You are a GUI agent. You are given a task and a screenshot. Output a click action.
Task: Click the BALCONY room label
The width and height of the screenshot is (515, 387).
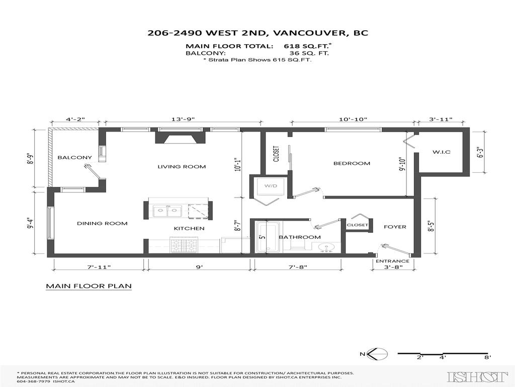tap(74, 157)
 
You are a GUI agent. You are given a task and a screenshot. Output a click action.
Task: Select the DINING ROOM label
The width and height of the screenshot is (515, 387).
tap(102, 223)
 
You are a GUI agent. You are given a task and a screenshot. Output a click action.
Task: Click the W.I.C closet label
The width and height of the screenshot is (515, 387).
tap(441, 152)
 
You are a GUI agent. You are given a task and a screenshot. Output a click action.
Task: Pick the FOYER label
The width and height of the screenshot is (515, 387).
tap(395, 227)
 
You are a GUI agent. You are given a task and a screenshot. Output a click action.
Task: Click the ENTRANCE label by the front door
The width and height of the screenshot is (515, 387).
tap(392, 261)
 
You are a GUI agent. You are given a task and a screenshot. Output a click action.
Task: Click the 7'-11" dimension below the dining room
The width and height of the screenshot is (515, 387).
tap(99, 267)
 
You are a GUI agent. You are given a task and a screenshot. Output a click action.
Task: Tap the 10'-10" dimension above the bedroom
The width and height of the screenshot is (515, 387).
tap(353, 119)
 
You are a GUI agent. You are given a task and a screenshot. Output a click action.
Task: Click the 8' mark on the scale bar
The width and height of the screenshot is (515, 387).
tap(487, 357)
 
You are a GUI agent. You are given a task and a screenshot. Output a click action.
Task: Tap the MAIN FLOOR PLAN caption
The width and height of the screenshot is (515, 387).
tap(89, 286)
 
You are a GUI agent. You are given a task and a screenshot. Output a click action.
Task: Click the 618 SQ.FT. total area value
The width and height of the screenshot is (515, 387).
tap(308, 46)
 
